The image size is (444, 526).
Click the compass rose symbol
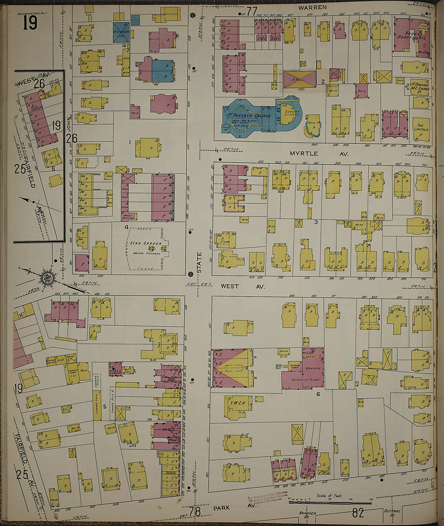point(48,277)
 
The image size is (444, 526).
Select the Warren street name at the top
point(312,7)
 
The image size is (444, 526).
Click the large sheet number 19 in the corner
point(30,22)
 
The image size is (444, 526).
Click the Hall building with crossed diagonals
point(299,79)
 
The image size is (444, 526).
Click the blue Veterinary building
point(121,32)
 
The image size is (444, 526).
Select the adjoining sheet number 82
point(358,513)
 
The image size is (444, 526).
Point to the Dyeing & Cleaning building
point(115,369)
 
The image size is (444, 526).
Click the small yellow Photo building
point(54,498)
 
